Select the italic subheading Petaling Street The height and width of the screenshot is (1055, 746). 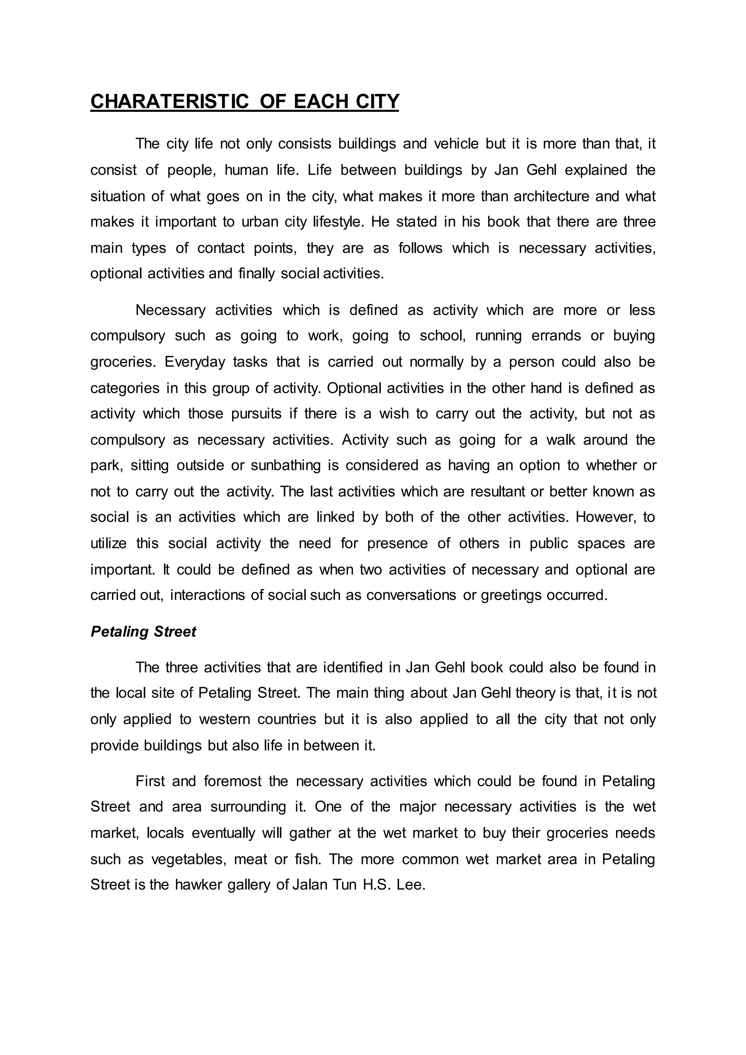tap(143, 631)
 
